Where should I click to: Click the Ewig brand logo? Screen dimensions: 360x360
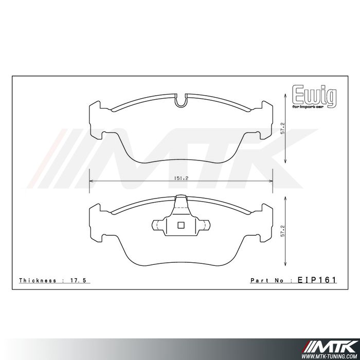point(314,95)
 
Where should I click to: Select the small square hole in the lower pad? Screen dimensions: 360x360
point(181,224)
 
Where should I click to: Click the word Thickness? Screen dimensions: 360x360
point(37,280)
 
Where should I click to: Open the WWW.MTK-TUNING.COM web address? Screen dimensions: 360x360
point(331,355)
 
